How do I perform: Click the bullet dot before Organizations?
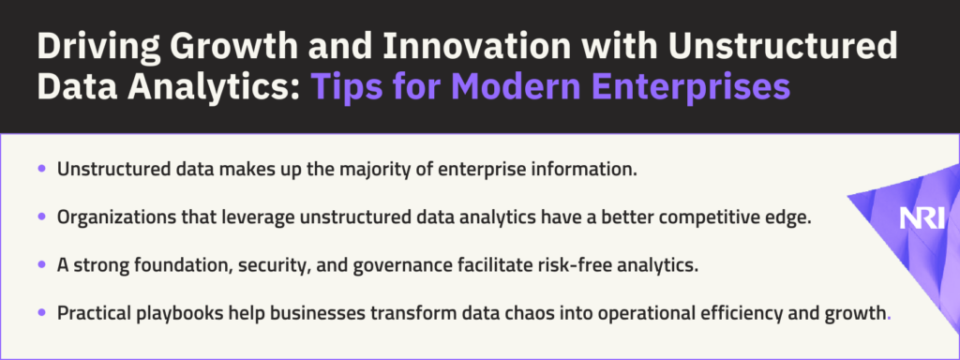click(x=41, y=216)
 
